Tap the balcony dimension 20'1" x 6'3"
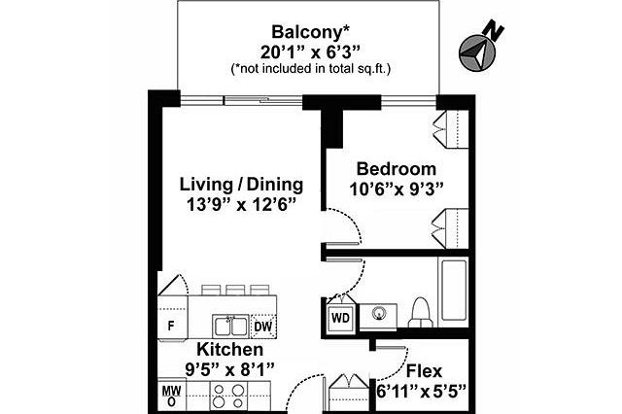(x=310, y=52)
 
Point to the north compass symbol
(x=479, y=49)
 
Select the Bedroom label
(x=397, y=169)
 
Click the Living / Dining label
(x=242, y=185)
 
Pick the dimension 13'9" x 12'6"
(x=242, y=205)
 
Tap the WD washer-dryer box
(x=340, y=318)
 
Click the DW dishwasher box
(x=263, y=327)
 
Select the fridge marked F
(x=173, y=319)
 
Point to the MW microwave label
(x=172, y=391)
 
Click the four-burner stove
(x=228, y=396)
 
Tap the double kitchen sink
(x=230, y=327)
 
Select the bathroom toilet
(x=420, y=313)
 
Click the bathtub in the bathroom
(x=454, y=292)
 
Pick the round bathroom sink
(x=379, y=314)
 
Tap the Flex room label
(x=424, y=371)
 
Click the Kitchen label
(x=230, y=350)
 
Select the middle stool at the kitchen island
(x=235, y=290)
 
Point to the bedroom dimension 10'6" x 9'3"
(x=397, y=190)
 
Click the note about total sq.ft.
(x=311, y=69)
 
